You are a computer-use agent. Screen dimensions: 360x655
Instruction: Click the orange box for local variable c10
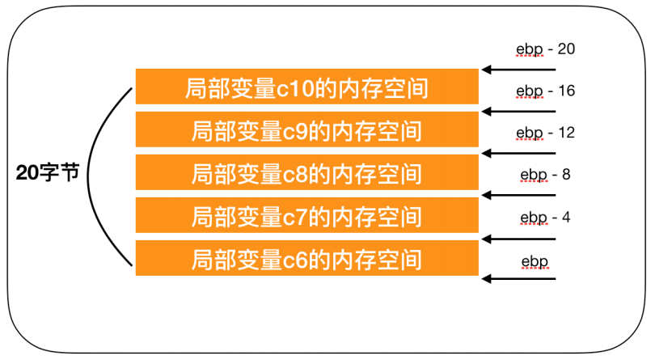coord(306,87)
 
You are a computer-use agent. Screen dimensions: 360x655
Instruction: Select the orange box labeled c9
coord(306,129)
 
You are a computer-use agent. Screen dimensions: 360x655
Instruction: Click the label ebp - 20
coord(545,49)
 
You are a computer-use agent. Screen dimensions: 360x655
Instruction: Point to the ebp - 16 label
coord(545,91)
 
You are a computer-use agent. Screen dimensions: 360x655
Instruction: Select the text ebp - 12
coord(545,132)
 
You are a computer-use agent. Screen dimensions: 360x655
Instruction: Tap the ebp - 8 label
coord(545,173)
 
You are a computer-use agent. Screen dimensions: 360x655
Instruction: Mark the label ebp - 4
coord(545,217)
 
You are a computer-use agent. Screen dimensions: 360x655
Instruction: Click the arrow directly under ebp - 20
coord(518,70)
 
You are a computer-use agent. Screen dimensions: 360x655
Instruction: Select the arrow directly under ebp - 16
coord(518,111)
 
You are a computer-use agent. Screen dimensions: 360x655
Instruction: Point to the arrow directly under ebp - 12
coord(518,153)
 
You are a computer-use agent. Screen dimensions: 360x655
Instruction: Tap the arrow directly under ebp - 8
coord(518,195)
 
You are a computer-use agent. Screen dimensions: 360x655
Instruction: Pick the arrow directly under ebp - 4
coord(518,238)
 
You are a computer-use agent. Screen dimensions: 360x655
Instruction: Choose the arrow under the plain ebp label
coord(518,279)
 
